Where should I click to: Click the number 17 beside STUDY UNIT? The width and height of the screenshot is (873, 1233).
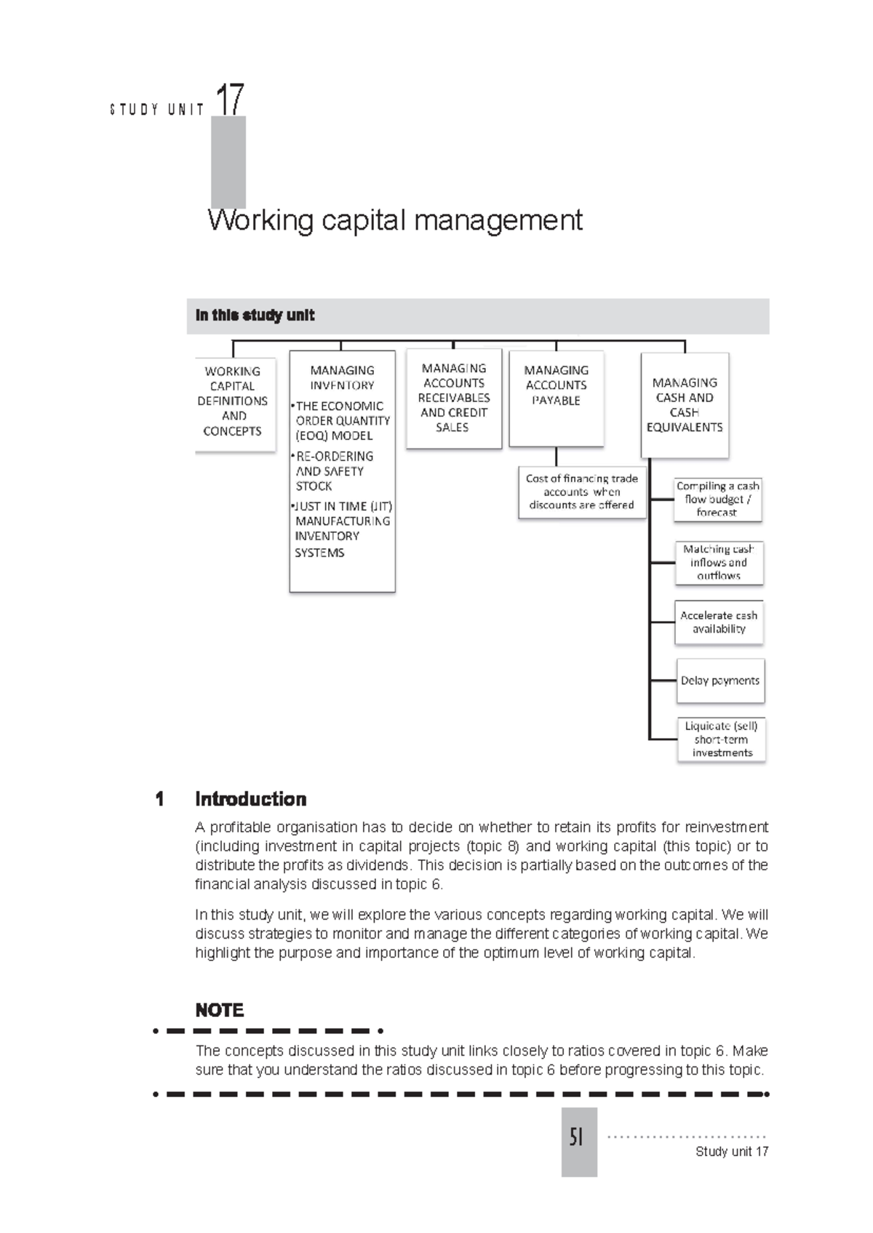click(x=230, y=100)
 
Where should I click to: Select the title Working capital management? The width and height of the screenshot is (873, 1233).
click(x=395, y=220)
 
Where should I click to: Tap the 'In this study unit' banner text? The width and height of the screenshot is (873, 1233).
click(x=255, y=316)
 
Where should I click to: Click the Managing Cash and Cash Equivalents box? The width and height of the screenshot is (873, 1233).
click(x=685, y=405)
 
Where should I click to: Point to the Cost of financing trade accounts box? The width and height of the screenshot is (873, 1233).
click(x=581, y=492)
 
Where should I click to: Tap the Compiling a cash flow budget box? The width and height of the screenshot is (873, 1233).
click(x=717, y=499)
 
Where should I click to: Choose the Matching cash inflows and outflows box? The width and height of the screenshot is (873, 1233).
click(x=719, y=563)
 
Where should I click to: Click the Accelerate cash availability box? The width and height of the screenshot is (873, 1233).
click(x=719, y=622)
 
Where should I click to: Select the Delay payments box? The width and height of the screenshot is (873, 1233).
click(x=719, y=681)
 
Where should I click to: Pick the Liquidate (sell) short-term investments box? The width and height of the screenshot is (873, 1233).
click(x=721, y=739)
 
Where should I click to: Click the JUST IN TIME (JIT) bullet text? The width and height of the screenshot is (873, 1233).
click(x=343, y=507)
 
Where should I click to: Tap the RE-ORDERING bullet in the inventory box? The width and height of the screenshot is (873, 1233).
click(x=335, y=457)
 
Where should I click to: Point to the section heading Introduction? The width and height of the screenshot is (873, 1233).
click(x=250, y=800)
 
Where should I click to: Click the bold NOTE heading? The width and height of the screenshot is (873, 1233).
click(x=219, y=1011)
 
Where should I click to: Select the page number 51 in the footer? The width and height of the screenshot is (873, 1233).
click(x=578, y=1137)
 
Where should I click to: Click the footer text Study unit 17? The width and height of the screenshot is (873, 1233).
click(x=731, y=1152)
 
